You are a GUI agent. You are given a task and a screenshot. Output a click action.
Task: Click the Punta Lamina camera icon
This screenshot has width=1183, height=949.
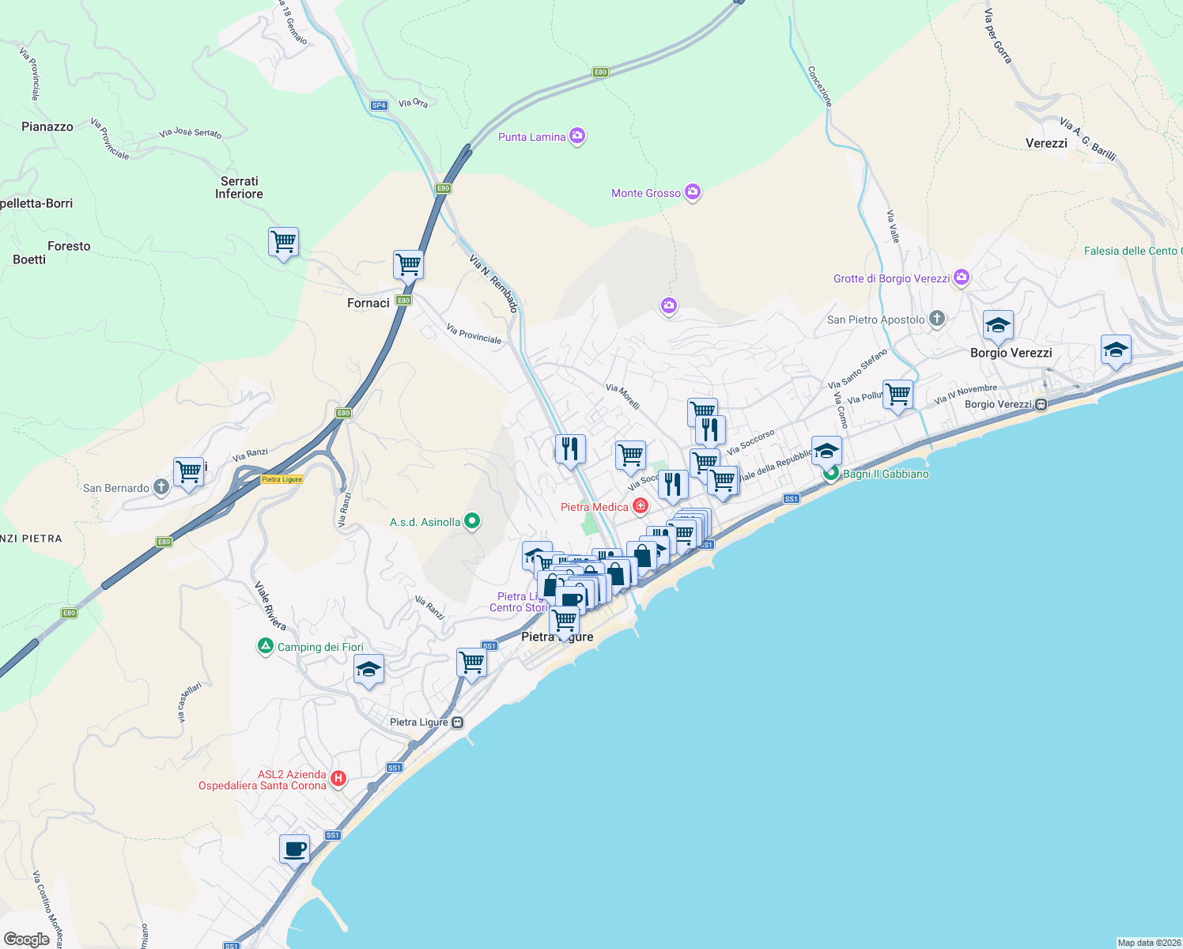[577, 136]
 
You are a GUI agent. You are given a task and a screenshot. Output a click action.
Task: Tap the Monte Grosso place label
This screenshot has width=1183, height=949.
[645, 193]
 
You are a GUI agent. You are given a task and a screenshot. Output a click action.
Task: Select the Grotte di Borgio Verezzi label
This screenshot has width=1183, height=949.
[891, 278]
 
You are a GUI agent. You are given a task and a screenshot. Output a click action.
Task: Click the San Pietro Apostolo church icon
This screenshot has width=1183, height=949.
[937, 319]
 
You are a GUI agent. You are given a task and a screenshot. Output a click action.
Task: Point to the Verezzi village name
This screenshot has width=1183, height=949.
[1046, 143]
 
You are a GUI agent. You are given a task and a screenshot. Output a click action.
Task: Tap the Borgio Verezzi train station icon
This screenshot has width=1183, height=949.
[1041, 404]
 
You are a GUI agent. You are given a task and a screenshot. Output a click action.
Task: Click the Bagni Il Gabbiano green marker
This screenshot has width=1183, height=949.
[831, 474]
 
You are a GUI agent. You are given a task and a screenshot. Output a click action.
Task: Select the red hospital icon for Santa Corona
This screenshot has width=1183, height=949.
[338, 779]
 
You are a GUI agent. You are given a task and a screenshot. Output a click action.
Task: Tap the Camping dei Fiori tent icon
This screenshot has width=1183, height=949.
[266, 646]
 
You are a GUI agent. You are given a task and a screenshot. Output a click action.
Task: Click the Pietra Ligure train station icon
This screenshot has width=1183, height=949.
[458, 722]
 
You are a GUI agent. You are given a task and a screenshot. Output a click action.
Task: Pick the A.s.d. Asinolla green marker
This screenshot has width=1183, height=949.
[472, 521]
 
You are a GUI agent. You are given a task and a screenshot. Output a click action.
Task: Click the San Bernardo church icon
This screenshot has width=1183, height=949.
[161, 487]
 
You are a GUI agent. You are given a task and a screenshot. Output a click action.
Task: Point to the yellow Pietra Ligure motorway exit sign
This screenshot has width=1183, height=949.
[282, 479]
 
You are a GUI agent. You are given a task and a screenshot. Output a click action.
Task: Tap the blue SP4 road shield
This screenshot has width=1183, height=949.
[379, 105]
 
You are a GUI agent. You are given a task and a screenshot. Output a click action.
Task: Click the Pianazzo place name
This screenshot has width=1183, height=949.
[47, 127]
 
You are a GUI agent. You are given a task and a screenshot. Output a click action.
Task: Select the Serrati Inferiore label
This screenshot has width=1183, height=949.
[239, 187]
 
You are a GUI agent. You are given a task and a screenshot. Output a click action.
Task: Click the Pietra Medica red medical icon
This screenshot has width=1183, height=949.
[641, 506]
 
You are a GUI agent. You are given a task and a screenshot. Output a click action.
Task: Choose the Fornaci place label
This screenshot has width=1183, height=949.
[369, 303]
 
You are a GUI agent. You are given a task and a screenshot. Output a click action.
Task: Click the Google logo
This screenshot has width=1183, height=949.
[27, 939]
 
